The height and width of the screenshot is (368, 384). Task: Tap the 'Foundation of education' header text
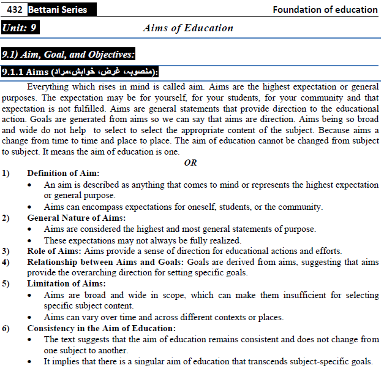pyautogui.click(x=325, y=10)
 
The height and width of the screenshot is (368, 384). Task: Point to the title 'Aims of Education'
pyautogui.click(x=187, y=28)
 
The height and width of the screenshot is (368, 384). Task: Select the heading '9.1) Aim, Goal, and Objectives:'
pyautogui.click(x=68, y=54)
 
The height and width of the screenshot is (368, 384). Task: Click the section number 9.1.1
pyautogui.click(x=14, y=72)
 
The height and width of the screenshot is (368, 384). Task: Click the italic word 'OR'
pyautogui.click(x=190, y=163)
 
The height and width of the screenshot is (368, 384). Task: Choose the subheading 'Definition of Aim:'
pyautogui.click(x=63, y=174)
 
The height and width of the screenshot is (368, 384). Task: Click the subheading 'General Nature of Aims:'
pyautogui.click(x=77, y=218)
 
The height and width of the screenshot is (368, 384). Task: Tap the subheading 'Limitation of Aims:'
pyautogui.click(x=66, y=284)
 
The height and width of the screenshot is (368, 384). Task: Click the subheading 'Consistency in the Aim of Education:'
pyautogui.click(x=101, y=328)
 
